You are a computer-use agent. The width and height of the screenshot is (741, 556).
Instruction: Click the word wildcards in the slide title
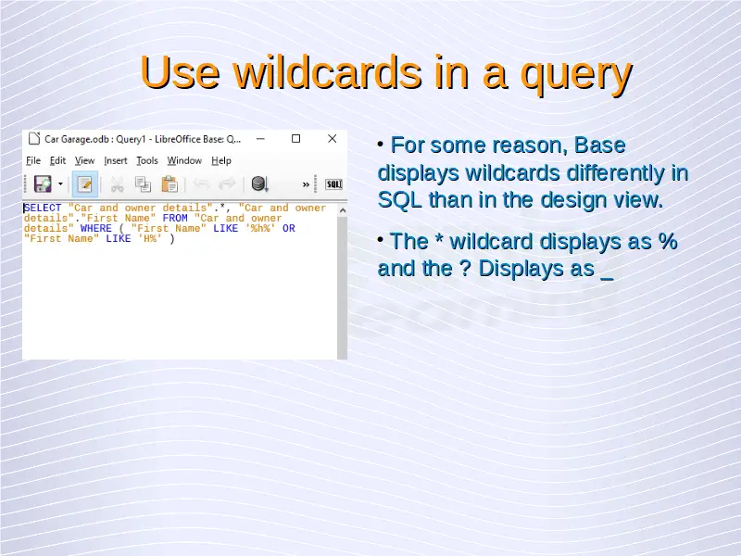(x=327, y=72)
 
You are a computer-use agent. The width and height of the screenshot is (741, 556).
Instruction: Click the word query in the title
(x=576, y=76)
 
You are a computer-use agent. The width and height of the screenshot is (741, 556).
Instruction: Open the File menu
(x=33, y=160)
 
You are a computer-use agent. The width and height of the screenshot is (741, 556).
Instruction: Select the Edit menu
(x=57, y=160)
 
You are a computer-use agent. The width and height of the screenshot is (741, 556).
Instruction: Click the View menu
(x=84, y=160)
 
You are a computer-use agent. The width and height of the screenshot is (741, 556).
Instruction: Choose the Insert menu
(x=115, y=160)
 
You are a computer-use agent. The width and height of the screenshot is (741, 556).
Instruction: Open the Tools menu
(x=147, y=160)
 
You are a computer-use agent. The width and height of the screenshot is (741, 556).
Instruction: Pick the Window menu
(x=184, y=160)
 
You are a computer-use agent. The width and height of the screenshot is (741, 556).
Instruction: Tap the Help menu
(x=221, y=160)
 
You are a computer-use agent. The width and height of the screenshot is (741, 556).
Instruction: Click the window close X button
(x=333, y=138)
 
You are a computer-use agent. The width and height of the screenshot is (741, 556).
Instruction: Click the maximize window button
(x=295, y=138)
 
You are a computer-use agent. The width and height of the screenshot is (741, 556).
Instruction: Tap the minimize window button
(x=260, y=139)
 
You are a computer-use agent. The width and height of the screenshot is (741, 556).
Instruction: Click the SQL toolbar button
(x=333, y=184)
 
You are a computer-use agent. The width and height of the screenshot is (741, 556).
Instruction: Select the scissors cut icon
(x=118, y=184)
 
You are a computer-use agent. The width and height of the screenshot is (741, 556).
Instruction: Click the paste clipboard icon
(x=170, y=184)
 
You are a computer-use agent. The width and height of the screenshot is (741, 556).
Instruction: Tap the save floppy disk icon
(x=43, y=183)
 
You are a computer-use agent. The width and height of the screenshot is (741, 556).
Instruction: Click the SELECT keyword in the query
(x=43, y=208)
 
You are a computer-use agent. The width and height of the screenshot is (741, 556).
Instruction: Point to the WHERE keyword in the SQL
(x=96, y=228)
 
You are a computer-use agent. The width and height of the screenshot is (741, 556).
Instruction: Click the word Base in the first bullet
(x=599, y=145)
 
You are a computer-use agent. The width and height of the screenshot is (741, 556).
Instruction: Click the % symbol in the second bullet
(x=668, y=241)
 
